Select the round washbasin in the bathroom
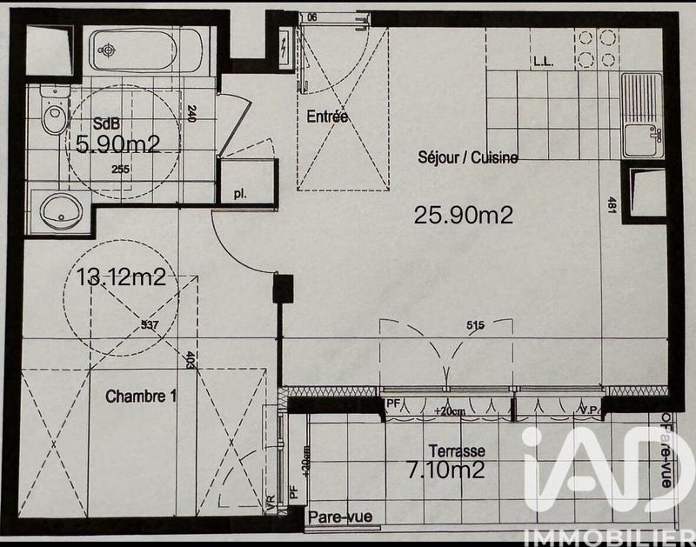point(62,209)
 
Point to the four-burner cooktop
point(598,48)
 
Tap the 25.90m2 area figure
point(463,215)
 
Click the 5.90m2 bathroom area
point(117,144)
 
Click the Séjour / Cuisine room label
point(467,158)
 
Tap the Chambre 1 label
point(141,397)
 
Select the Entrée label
point(327,117)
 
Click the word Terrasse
point(457,451)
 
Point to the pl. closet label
point(239,194)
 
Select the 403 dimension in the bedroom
point(189,359)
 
